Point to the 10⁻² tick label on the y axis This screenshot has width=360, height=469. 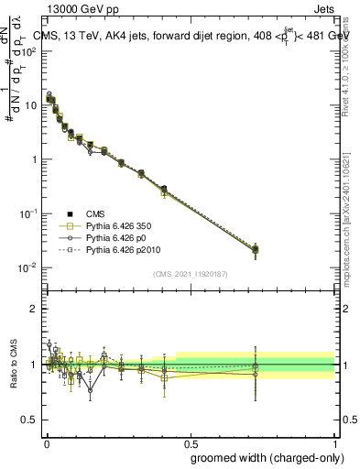(28, 267)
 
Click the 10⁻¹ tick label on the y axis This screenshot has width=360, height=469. (28, 213)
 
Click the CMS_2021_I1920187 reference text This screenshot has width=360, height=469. (190, 274)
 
